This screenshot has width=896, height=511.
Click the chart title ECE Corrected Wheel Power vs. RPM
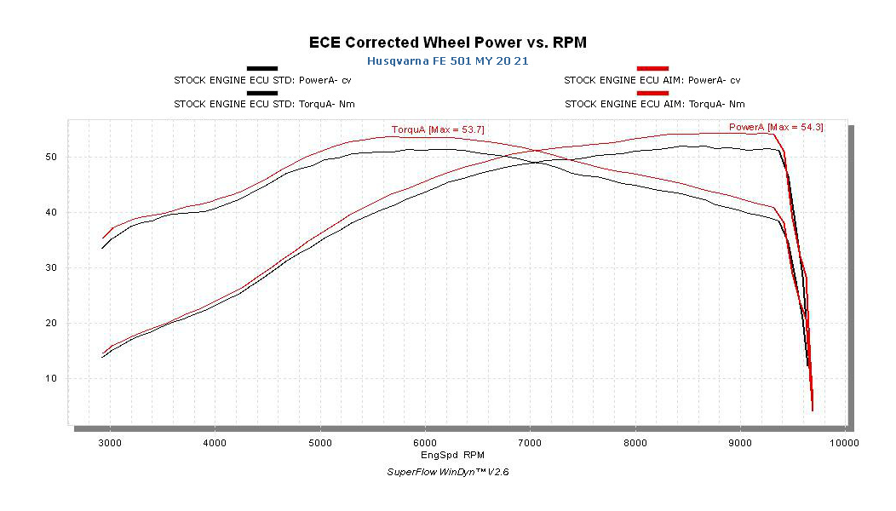tap(447, 42)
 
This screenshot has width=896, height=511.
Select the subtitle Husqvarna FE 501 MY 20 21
tap(447, 61)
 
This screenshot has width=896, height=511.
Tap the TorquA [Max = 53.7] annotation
tap(438, 129)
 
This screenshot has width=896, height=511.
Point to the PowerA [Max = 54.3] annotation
tap(775, 127)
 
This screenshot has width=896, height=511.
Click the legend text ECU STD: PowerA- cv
tap(264, 80)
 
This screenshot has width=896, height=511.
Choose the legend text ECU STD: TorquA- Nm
tap(264, 104)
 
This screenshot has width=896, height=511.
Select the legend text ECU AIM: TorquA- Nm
tap(654, 104)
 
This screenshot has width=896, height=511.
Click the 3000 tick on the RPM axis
tap(109, 443)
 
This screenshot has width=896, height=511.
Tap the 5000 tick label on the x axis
tap(319, 443)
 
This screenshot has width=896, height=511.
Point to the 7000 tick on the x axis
tap(530, 443)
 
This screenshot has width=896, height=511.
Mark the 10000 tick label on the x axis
tap(843, 443)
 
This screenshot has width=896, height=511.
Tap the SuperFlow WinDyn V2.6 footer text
tap(448, 471)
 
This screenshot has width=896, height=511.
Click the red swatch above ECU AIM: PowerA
tap(652, 68)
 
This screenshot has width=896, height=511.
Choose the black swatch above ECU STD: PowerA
tap(261, 68)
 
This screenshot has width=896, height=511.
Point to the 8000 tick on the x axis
tap(635, 443)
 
